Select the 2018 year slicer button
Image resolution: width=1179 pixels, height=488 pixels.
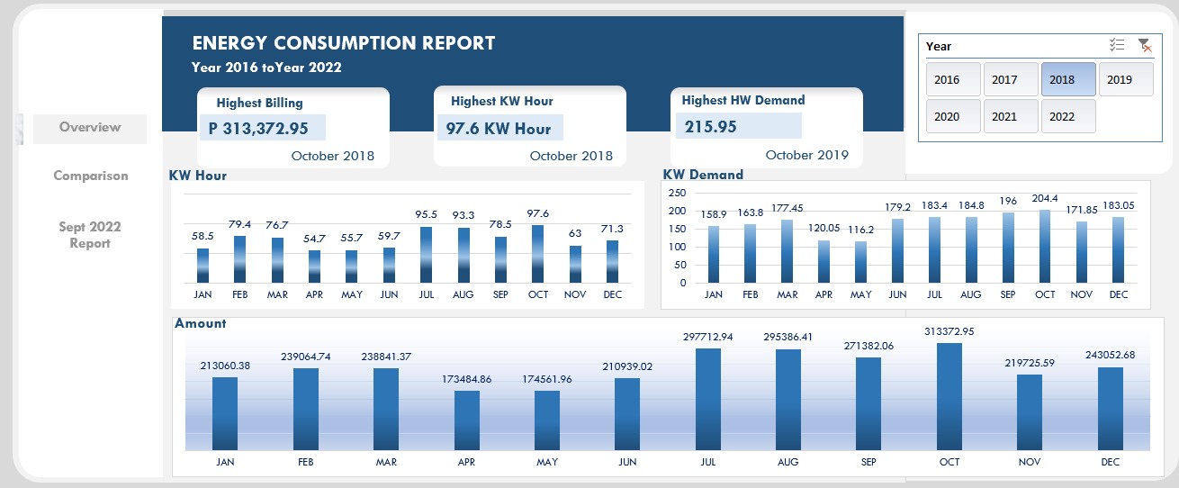(x=1068, y=79)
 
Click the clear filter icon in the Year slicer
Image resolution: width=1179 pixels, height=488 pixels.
(x=1144, y=46)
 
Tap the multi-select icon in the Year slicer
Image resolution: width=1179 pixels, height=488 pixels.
(x=1117, y=46)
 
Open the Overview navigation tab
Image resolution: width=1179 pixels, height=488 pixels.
(x=90, y=128)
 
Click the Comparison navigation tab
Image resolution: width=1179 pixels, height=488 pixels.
(x=90, y=176)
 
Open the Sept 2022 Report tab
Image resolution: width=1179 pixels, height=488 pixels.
(x=90, y=235)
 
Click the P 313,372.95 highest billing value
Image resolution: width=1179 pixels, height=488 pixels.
(x=258, y=129)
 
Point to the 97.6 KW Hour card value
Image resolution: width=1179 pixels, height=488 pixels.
(x=498, y=128)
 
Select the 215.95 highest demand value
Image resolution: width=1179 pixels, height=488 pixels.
(x=711, y=127)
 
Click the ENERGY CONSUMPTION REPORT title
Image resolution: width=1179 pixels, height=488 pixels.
(x=343, y=43)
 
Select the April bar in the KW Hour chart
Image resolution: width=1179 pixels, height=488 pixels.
(x=314, y=266)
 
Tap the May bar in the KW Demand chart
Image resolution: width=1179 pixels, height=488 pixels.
(x=861, y=262)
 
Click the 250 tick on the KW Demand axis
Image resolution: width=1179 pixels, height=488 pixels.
(x=677, y=193)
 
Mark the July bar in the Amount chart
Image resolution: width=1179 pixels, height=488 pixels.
(x=708, y=399)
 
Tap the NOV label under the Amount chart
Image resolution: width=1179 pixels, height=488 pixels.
(x=1030, y=462)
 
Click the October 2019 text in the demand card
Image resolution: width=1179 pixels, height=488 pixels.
(x=806, y=155)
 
